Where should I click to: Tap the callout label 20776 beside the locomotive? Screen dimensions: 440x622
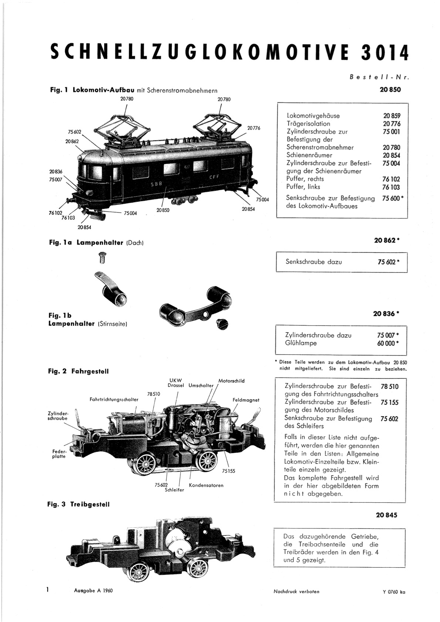tap(254, 128)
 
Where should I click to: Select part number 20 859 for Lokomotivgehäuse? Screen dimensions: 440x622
tap(392, 116)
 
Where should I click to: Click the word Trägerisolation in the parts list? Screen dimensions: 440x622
tap(308, 123)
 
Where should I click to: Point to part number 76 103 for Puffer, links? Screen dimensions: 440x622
tap(391, 187)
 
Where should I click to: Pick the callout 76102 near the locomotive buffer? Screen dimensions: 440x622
tap(55, 213)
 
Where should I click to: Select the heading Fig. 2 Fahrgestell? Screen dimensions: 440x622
tap(78, 371)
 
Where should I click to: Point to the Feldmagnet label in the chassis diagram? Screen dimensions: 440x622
tap(246, 400)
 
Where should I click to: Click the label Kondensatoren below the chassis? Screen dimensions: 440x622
tap(206, 485)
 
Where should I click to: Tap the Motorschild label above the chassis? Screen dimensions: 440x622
tap(231, 381)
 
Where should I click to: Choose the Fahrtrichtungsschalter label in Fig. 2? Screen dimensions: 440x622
tap(114, 399)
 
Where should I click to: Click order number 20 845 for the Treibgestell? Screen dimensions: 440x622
tap(387, 515)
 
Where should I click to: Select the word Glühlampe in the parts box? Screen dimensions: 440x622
tap(301, 343)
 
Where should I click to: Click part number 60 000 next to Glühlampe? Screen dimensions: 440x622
tap(386, 343)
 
